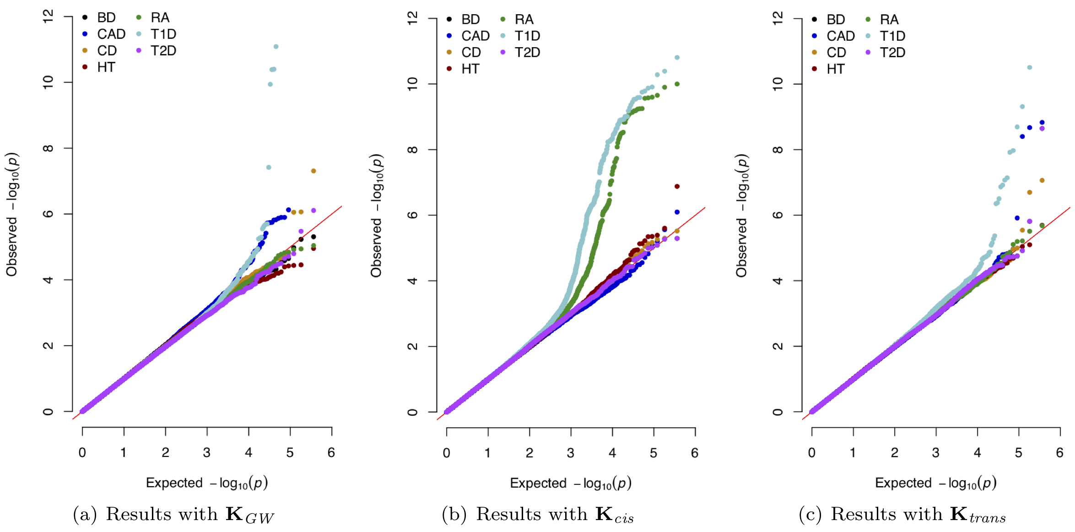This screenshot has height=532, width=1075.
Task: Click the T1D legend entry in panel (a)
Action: click(163, 34)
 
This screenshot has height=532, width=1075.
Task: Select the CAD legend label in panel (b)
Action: click(475, 36)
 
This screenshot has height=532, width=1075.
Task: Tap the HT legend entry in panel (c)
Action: click(835, 69)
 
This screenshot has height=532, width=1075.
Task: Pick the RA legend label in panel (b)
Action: click(524, 20)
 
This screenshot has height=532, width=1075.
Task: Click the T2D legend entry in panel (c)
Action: click(892, 53)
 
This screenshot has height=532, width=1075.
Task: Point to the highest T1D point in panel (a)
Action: click(276, 47)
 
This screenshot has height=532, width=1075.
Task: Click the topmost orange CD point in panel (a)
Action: click(313, 171)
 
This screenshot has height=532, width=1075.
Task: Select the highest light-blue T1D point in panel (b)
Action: click(677, 58)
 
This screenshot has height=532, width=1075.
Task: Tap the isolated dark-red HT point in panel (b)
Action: click(677, 186)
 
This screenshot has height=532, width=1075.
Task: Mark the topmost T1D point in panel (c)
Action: click(1030, 67)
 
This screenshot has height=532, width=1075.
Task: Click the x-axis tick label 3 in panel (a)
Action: click(207, 453)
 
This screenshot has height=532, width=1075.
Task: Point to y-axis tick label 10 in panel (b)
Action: click(412, 84)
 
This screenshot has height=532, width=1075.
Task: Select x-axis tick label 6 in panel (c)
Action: click(1059, 453)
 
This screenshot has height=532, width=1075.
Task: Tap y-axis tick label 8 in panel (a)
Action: click(48, 148)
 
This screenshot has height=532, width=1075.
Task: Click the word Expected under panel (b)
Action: click(538, 483)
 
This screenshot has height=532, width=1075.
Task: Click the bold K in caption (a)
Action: click(234, 514)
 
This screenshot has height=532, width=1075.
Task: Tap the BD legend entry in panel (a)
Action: click(106, 18)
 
